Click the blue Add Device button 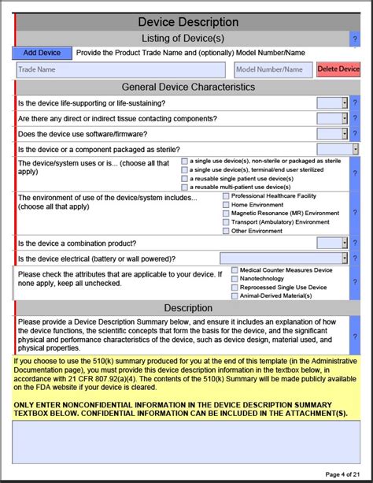click(x=42, y=53)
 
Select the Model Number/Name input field click(x=273, y=69)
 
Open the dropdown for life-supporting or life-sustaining click(x=332, y=102)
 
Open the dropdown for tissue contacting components click(x=332, y=118)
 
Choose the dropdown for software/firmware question click(x=332, y=133)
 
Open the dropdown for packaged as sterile click(x=338, y=149)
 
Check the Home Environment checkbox click(x=227, y=205)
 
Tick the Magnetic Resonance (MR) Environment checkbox click(x=227, y=214)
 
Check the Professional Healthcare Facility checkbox click(x=227, y=196)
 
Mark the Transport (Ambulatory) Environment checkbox click(x=227, y=222)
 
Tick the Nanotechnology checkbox click(x=234, y=279)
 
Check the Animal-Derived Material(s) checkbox click(x=234, y=296)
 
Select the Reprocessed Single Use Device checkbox click(x=234, y=288)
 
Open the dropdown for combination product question click(x=332, y=243)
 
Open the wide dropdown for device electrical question click(x=283, y=258)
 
